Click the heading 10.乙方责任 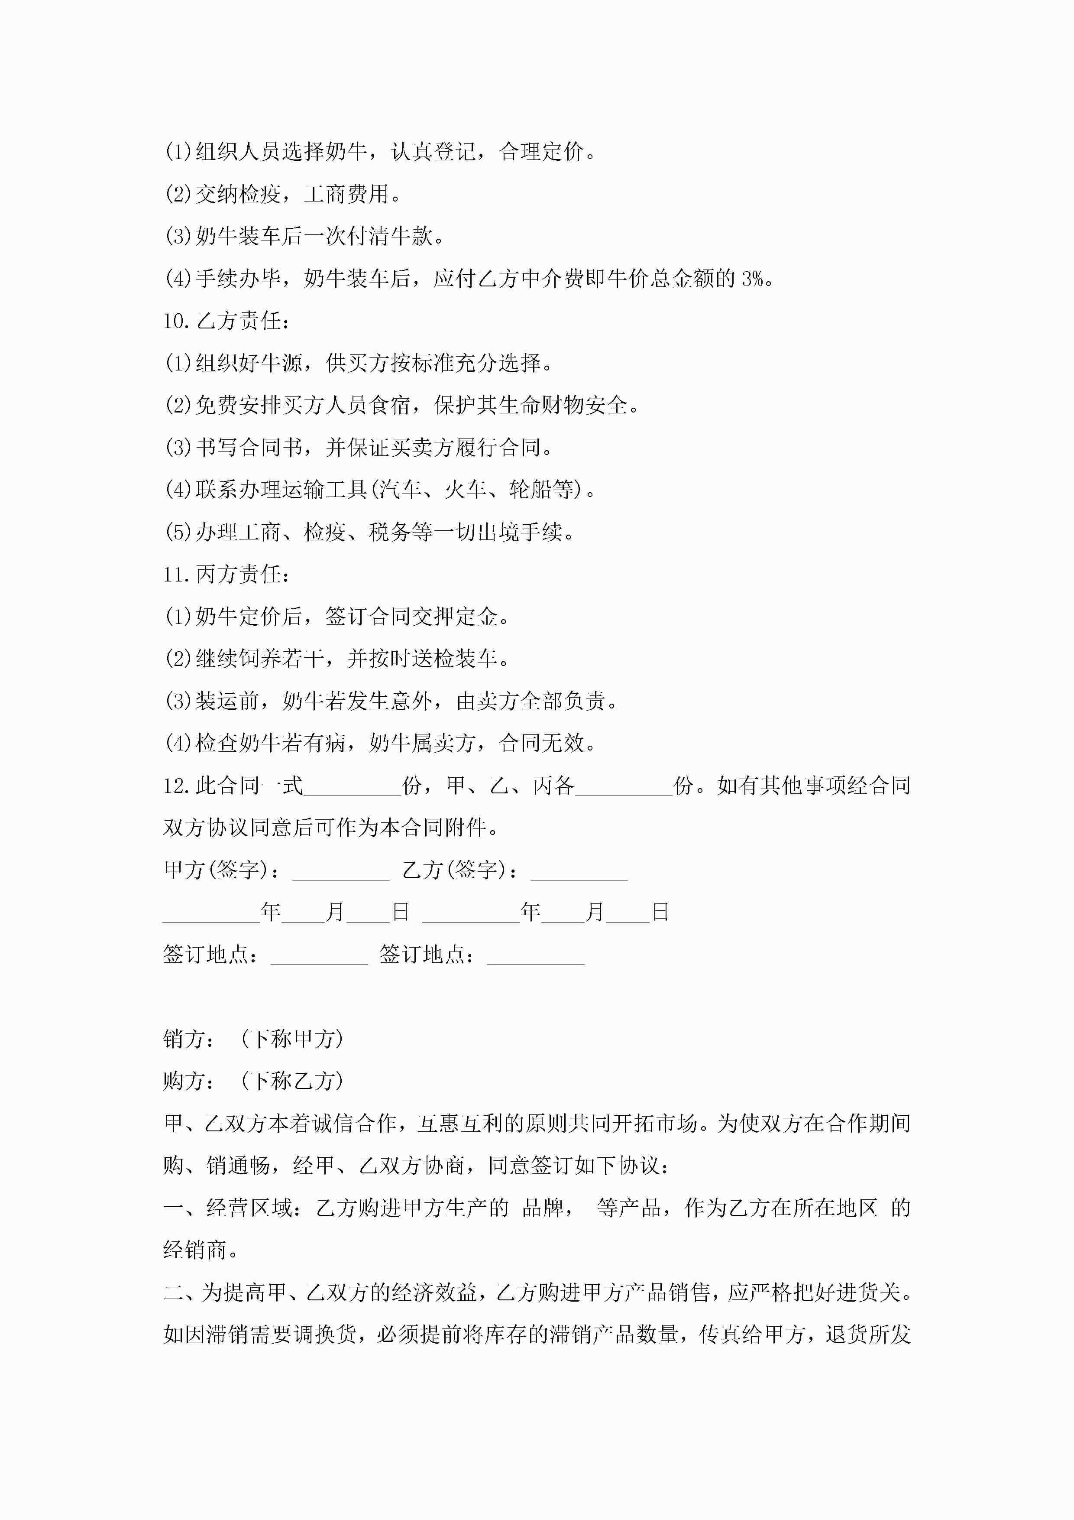click(x=226, y=321)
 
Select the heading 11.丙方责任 click(x=226, y=575)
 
